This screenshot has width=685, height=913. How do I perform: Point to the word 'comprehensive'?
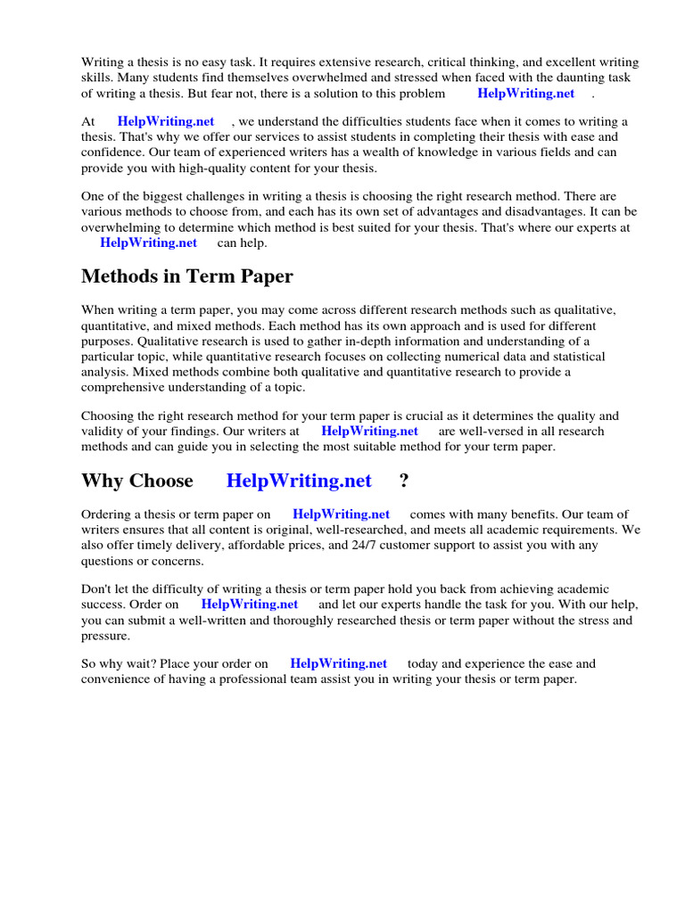pyautogui.click(x=121, y=387)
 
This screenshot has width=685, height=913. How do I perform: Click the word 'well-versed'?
pyautogui.click(x=472, y=432)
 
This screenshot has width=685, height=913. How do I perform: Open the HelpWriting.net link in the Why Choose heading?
pyautogui.click(x=299, y=481)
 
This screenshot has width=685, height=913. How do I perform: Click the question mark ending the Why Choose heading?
pyautogui.click(x=404, y=481)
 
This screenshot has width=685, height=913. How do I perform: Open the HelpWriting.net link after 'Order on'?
pyautogui.click(x=250, y=605)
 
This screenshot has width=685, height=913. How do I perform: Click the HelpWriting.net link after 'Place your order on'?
pyautogui.click(x=339, y=664)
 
